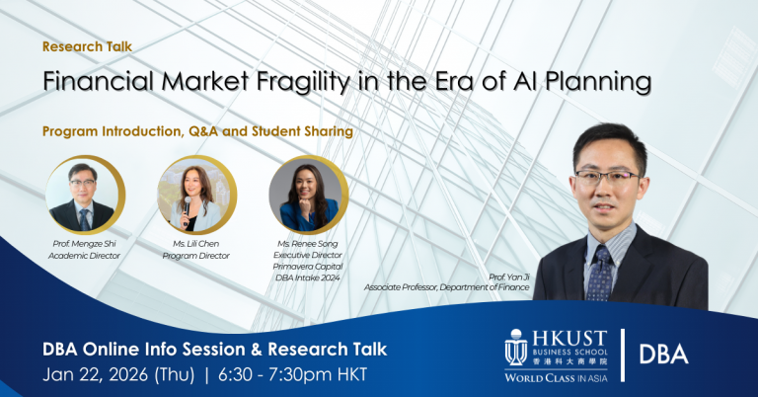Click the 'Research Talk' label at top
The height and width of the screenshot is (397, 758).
[x=87, y=46]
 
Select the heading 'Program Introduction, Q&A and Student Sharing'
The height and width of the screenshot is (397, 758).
[x=197, y=129]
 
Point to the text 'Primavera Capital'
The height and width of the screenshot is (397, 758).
[x=308, y=267]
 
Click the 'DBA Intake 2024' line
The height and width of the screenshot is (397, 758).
[x=308, y=278]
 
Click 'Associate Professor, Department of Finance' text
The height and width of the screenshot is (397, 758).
[x=446, y=287]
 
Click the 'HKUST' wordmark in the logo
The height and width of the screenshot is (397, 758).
[x=571, y=338]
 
